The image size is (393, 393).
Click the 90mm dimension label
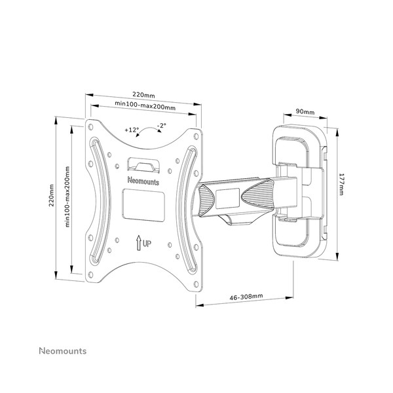pyautogui.click(x=305, y=111)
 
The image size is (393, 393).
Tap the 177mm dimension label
pyautogui.click(x=341, y=184)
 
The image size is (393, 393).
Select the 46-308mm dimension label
pyautogui.click(x=246, y=297)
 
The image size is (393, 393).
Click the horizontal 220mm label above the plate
pyautogui.click(x=143, y=95)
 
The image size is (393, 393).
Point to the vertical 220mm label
pyautogui.click(x=51, y=195)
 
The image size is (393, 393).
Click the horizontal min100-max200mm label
pyautogui.click(x=145, y=105)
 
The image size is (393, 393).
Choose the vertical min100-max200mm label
pyautogui.click(x=67, y=197)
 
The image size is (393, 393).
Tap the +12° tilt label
pyautogui.click(x=132, y=130)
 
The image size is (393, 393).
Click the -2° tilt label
pyautogui.click(x=162, y=126)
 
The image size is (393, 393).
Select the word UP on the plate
pyautogui.click(x=147, y=244)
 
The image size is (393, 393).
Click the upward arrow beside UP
pyautogui.click(x=139, y=243)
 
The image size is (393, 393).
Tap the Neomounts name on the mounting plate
pyautogui.click(x=143, y=181)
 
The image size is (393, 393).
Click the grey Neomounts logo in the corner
pyautogui.click(x=63, y=351)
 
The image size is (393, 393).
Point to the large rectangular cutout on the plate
pyautogui.click(x=143, y=205)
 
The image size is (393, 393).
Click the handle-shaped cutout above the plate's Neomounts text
pyautogui.click(x=143, y=165)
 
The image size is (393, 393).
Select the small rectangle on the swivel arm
pyautogui.click(x=227, y=198)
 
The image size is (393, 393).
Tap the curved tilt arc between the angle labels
pyautogui.click(x=148, y=129)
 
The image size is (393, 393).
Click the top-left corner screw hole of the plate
pyautogui.click(x=90, y=127)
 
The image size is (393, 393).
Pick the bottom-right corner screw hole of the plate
pyautogui.click(x=196, y=284)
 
